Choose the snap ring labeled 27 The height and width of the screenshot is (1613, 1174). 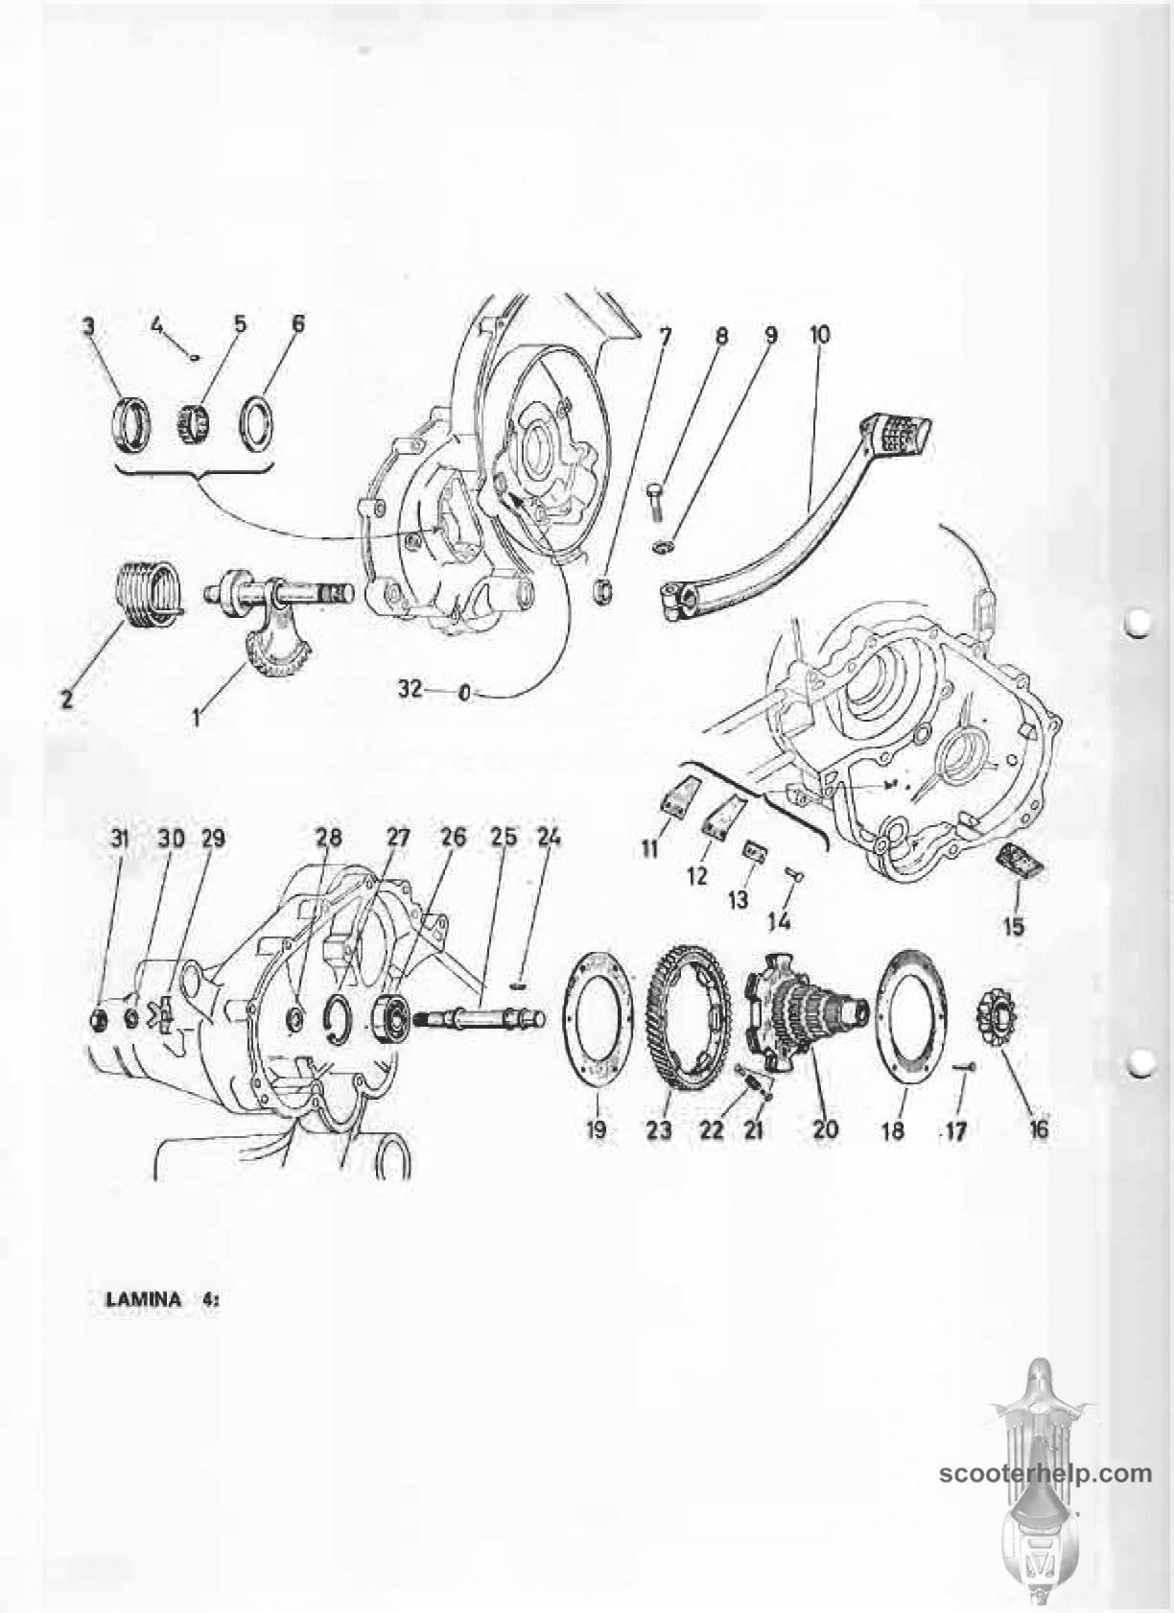(x=339, y=1021)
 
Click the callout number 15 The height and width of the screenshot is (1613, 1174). (x=1013, y=926)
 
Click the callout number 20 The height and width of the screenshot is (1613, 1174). (x=826, y=1128)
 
